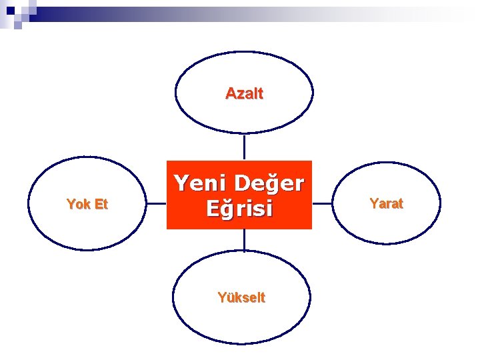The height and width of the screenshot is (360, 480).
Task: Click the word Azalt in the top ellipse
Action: tap(244, 93)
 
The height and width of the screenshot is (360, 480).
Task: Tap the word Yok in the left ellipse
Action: tap(77, 205)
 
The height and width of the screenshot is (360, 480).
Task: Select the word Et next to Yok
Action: tap(100, 205)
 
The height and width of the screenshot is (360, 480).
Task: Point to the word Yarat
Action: tap(386, 203)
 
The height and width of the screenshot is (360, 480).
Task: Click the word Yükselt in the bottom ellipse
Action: tap(241, 298)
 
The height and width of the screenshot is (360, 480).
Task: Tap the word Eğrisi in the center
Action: tap(239, 209)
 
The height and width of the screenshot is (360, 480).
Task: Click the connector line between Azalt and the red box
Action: tap(244, 147)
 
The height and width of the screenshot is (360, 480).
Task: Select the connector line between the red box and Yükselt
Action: tap(244, 240)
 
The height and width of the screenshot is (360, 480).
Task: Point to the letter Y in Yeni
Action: tap(181, 183)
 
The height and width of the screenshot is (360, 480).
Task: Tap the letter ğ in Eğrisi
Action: tap(225, 211)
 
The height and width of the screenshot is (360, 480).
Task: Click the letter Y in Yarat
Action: tap(373, 203)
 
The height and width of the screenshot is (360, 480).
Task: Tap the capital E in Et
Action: tap(96, 205)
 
